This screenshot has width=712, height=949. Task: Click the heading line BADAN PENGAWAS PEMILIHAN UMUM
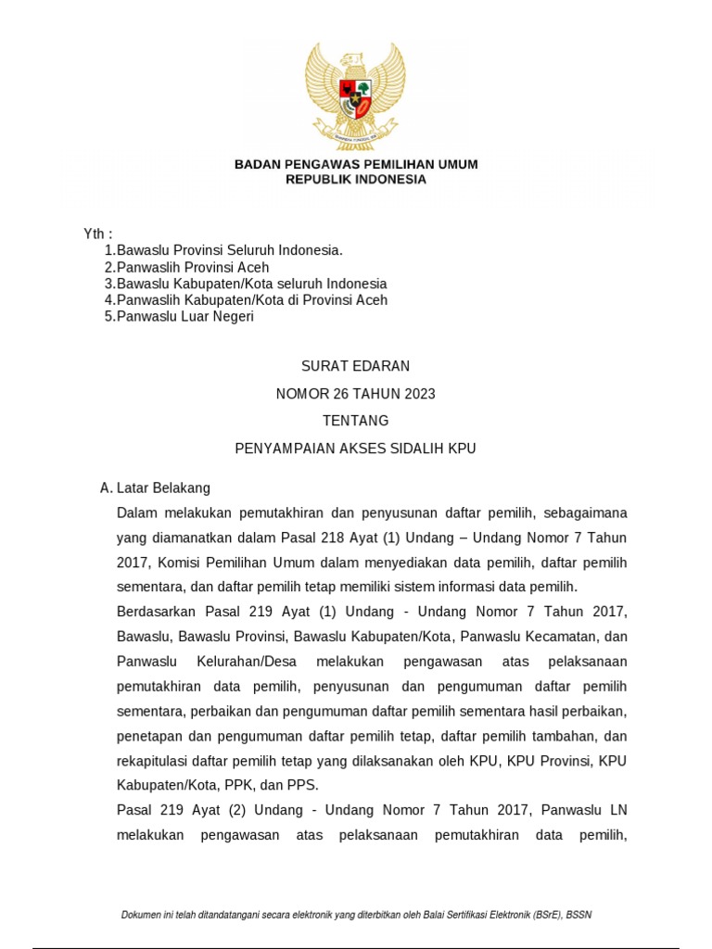(356, 164)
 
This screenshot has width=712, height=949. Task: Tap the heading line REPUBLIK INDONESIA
(356, 180)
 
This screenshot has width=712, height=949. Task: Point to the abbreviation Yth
(96, 234)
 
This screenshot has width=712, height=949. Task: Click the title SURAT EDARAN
(356, 367)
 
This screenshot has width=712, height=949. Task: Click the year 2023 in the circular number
(418, 394)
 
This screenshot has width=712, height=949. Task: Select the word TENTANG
(356, 421)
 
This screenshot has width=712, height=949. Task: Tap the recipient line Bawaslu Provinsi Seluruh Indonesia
(230, 250)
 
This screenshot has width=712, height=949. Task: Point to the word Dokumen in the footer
(142, 916)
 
